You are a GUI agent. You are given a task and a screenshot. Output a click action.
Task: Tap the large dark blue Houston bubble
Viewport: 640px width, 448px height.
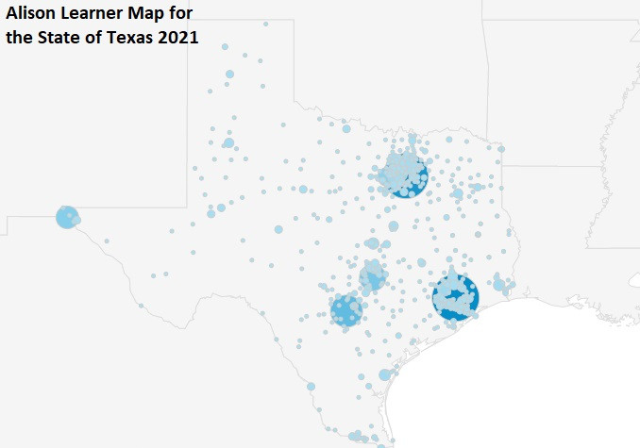[x=455, y=296]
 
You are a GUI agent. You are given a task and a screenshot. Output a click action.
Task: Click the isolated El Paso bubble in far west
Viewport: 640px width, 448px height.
[x=67, y=217]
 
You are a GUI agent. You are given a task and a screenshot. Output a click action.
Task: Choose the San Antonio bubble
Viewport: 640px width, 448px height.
[x=346, y=309]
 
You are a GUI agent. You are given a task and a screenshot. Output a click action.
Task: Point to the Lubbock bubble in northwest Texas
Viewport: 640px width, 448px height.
[x=228, y=142]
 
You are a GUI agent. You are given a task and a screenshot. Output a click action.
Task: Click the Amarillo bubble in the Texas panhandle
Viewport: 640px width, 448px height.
[x=229, y=74]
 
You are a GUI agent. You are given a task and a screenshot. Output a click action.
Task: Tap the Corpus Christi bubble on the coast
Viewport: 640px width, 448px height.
[x=384, y=374]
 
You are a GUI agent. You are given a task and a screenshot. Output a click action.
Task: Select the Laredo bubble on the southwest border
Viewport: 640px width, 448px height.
[x=311, y=386]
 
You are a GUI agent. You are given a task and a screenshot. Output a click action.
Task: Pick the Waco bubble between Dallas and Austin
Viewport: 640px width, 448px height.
[x=394, y=226]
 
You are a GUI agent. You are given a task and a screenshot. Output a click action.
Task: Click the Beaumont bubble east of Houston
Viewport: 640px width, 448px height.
[x=497, y=280]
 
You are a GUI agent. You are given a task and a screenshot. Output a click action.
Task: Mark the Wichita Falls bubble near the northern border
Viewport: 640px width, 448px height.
[x=346, y=128]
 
